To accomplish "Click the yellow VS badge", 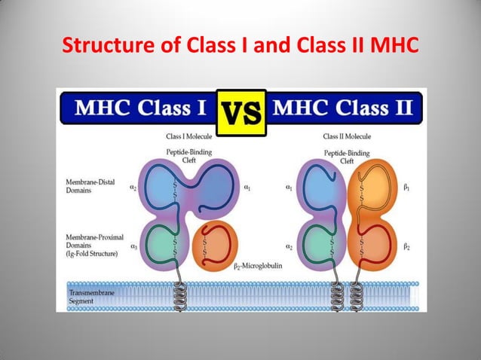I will click(241, 113).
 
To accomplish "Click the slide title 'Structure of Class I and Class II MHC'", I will click(240, 47).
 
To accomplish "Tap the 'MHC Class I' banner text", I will click(141, 108).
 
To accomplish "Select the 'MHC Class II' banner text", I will click(342, 108).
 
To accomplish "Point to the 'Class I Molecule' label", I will click(190, 137).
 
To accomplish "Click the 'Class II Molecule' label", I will click(347, 137).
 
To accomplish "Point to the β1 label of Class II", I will click(406, 188).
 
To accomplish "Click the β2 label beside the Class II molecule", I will click(406, 246).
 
